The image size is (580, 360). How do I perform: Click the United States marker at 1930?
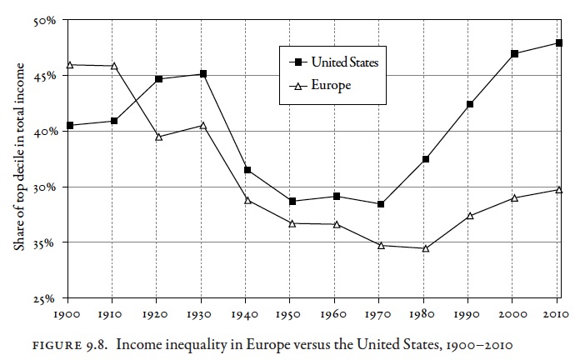click(202, 74)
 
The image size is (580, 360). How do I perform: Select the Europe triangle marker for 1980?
click(426, 248)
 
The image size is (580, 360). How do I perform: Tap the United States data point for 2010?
click(559, 43)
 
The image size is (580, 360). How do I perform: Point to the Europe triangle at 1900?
click(69, 64)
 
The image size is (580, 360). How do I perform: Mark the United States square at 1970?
click(381, 204)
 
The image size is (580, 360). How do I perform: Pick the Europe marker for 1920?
click(158, 137)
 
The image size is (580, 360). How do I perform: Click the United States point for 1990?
click(470, 104)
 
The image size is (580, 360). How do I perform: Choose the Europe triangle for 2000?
click(515, 197)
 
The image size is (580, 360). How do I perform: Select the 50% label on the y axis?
click(42, 20)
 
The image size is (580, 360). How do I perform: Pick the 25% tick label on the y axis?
click(42, 298)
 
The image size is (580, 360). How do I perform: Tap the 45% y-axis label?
click(42, 76)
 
